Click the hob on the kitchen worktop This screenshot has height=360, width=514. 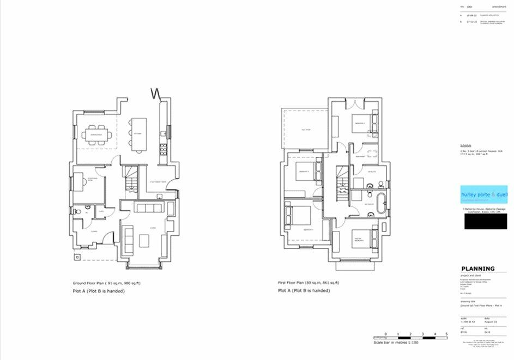pyautogui.click(x=163, y=133)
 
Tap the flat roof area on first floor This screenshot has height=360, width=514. pyautogui.click(x=305, y=130)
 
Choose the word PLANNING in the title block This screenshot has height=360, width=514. pyautogui.click(x=478, y=269)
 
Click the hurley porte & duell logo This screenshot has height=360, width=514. pyautogui.click(x=484, y=194)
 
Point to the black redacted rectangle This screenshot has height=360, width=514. pyautogui.click(x=484, y=221)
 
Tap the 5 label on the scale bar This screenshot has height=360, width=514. pyautogui.click(x=446, y=333)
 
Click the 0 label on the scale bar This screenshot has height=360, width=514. pyautogui.click(x=385, y=333)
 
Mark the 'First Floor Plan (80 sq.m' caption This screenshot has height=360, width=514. pyautogui.click(x=309, y=283)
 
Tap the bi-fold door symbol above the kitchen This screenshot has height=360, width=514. pyautogui.click(x=157, y=93)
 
